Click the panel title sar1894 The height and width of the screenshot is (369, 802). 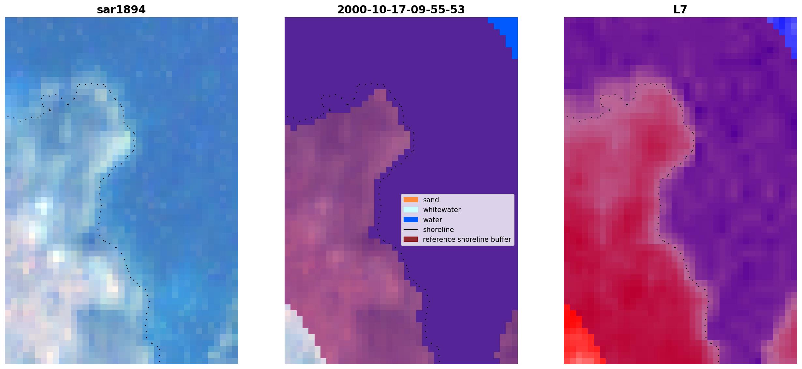pyautogui.click(x=121, y=10)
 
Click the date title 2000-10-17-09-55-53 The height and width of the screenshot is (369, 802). pyautogui.click(x=401, y=10)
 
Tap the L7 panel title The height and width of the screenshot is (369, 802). pyautogui.click(x=680, y=10)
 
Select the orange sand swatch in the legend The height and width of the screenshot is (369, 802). pyautogui.click(x=410, y=200)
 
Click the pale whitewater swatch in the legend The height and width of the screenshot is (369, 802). pyautogui.click(x=410, y=209)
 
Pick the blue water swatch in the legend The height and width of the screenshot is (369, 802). pyautogui.click(x=410, y=220)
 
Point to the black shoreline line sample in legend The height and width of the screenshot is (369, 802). pyautogui.click(x=410, y=229)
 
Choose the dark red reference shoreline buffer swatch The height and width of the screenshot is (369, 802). pyautogui.click(x=410, y=239)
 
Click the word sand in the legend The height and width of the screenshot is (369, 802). pyautogui.click(x=431, y=200)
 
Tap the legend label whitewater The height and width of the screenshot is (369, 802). pyautogui.click(x=442, y=210)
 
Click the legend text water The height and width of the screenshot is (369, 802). pyautogui.click(x=432, y=220)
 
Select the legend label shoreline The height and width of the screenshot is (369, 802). pyautogui.click(x=438, y=230)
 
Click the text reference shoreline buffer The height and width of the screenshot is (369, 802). pyautogui.click(x=467, y=239)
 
